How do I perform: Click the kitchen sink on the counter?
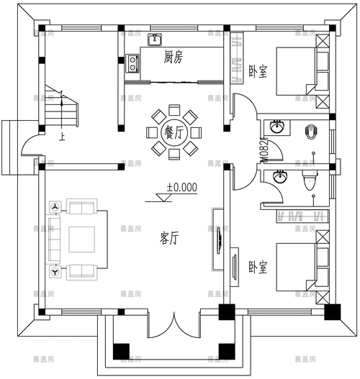coord(155,39)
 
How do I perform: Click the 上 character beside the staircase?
coord(45,134)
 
